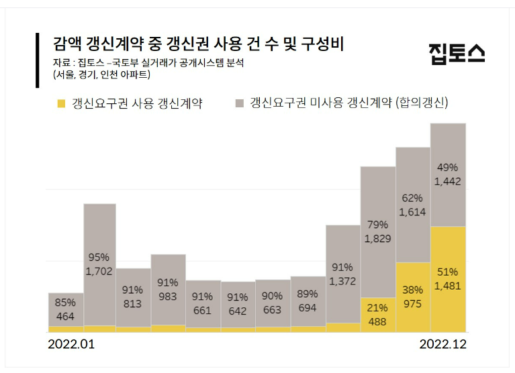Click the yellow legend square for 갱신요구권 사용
[x=62, y=103]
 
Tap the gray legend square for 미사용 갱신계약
[x=239, y=103]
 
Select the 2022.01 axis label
[x=72, y=344]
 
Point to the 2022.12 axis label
[x=442, y=344]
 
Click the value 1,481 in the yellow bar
[x=448, y=286]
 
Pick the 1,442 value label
[x=448, y=181]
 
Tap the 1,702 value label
[x=99, y=272]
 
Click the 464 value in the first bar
[x=65, y=317]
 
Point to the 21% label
[x=378, y=307]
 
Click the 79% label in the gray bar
[x=378, y=224]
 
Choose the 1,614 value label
[x=412, y=212]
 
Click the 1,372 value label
[x=343, y=282]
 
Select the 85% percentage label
[x=65, y=303]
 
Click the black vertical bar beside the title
[x=38, y=60]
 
